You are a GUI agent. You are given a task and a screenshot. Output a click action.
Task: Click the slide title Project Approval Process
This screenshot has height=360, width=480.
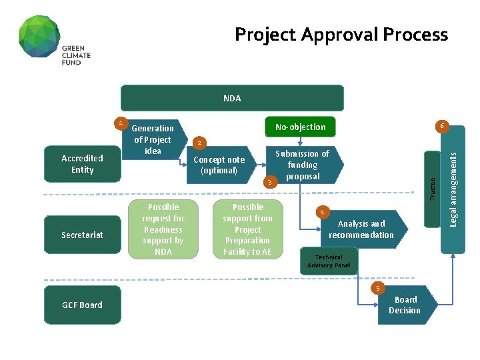point(341,34)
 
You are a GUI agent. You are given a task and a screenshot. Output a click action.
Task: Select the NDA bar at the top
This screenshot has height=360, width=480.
point(232,98)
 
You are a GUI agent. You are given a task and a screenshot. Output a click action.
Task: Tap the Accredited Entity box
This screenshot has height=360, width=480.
point(82,164)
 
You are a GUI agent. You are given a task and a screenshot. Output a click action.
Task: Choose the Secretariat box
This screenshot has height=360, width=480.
point(82,235)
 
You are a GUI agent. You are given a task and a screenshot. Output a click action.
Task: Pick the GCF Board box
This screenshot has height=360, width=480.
point(82,305)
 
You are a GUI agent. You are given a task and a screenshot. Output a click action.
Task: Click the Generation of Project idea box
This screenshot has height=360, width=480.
point(153,140)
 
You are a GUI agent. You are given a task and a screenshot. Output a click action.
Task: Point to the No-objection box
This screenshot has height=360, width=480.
point(301,127)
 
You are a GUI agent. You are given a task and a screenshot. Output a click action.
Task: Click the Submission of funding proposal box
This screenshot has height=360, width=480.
point(303,165)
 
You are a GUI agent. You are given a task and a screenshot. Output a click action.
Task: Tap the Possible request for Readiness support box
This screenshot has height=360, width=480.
point(163,229)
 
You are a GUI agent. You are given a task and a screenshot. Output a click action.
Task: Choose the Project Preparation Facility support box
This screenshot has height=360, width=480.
point(247,229)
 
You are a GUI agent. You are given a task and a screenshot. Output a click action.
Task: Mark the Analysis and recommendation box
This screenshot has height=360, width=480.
point(361,229)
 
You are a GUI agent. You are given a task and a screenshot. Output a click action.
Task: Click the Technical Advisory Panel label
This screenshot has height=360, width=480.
point(329,261)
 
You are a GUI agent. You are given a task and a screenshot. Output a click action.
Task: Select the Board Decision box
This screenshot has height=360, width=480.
point(405,305)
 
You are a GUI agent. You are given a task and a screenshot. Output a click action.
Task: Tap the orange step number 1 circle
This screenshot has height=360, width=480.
point(120,123)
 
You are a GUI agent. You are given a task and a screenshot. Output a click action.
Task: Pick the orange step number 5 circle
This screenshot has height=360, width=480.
point(378,288)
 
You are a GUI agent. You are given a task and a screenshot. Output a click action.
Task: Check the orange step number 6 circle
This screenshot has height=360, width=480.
point(441,125)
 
